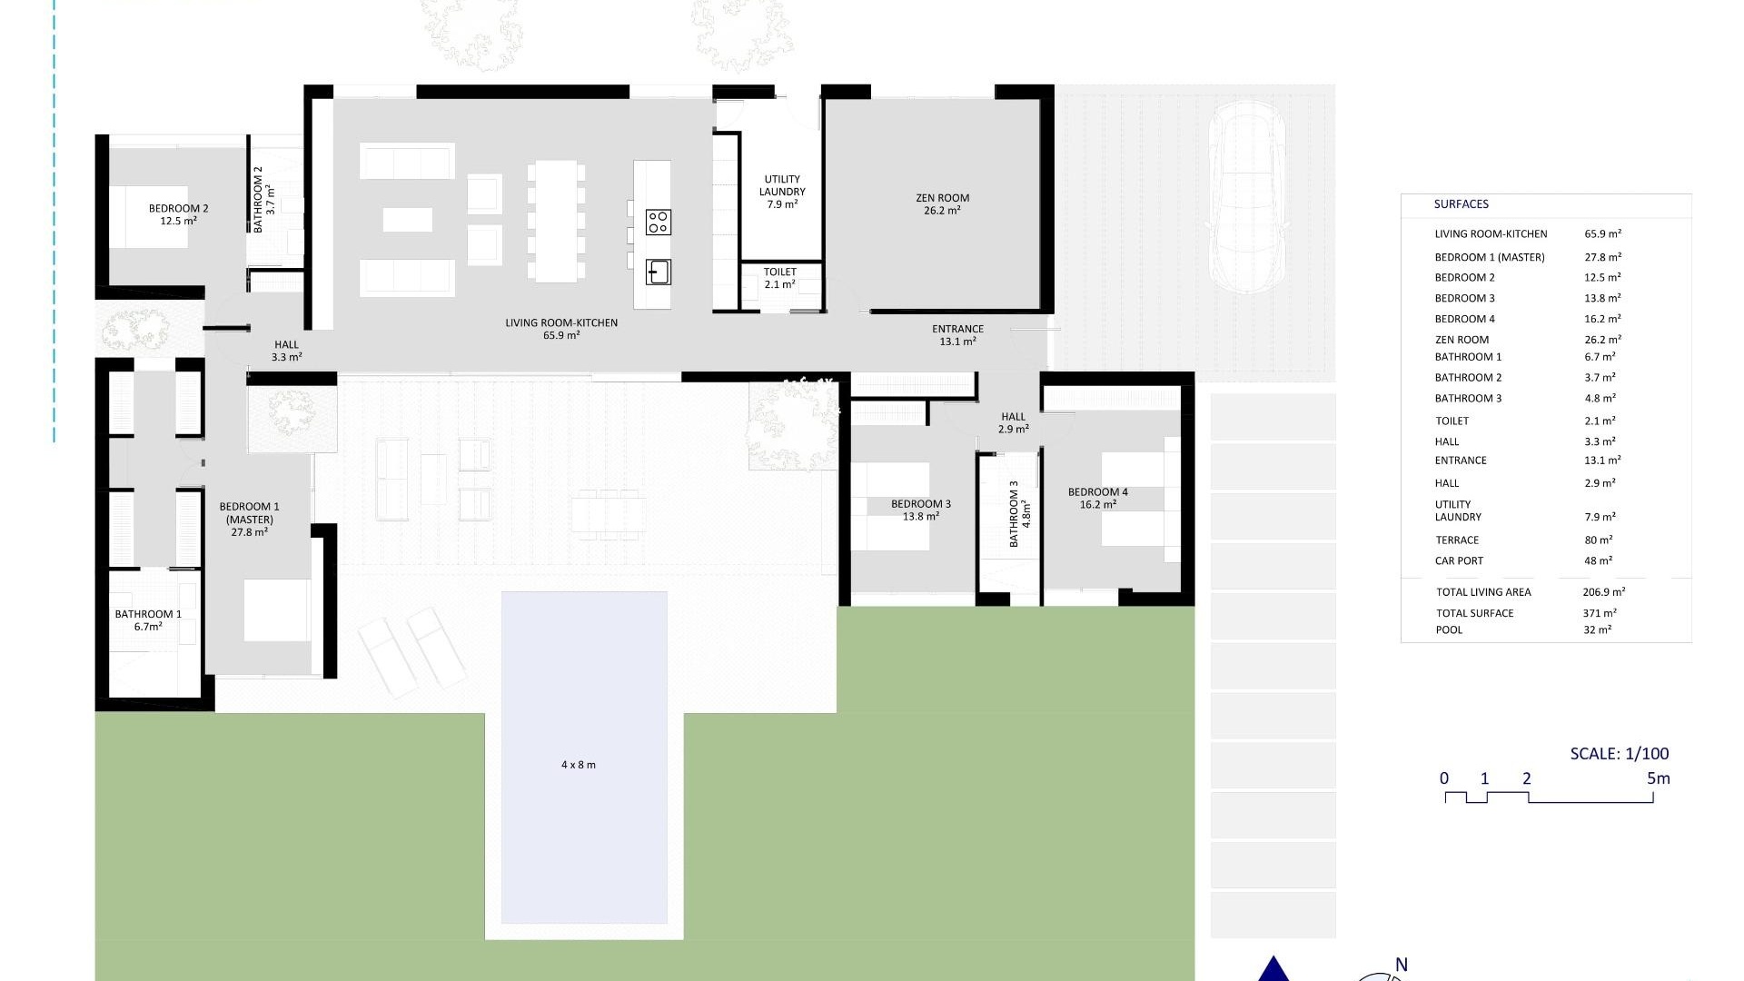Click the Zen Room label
click(942, 203)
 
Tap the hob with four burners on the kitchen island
click(659, 222)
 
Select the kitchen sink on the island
click(659, 272)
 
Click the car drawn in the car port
click(1247, 196)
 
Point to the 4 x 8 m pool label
click(579, 765)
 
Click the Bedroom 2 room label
click(178, 214)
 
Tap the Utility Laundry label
click(782, 192)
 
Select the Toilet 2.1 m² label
click(779, 278)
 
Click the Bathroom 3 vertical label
click(1019, 513)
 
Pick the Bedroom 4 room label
click(1097, 498)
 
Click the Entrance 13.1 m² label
click(957, 335)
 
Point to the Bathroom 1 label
click(148, 619)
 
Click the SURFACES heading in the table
click(1461, 204)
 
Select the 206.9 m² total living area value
click(1603, 591)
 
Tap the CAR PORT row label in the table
click(1459, 560)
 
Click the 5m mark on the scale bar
click(1658, 778)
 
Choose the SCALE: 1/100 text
click(1619, 753)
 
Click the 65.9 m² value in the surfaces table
click(1602, 233)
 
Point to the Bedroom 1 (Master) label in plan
click(249, 519)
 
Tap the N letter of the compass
click(1401, 965)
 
